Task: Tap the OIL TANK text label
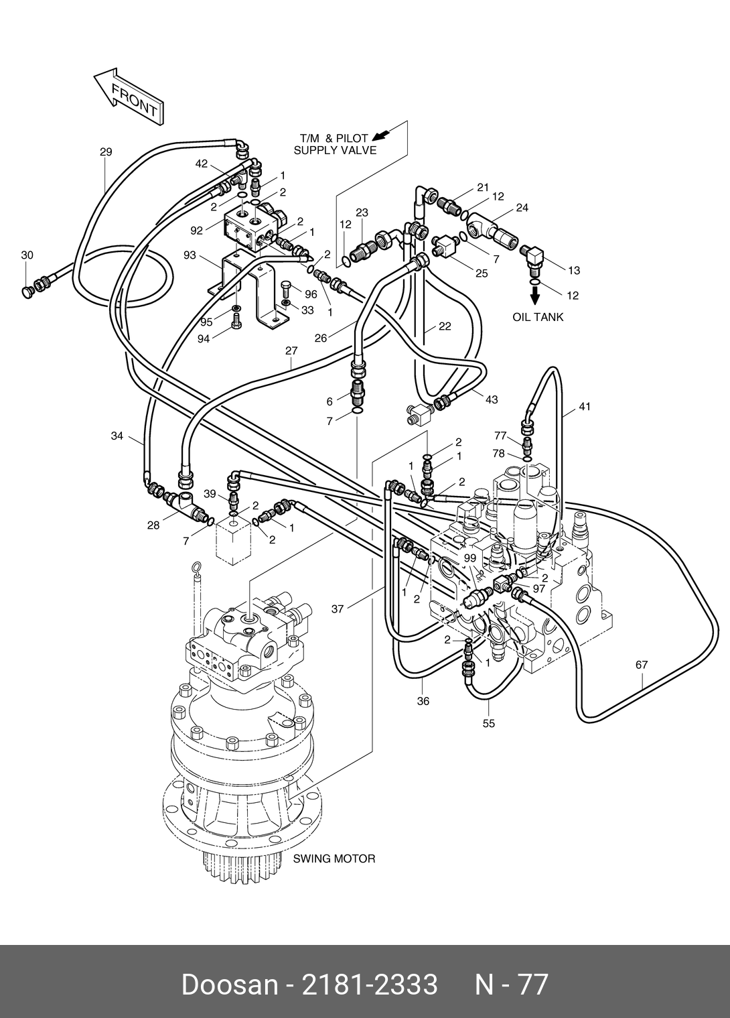tap(538, 317)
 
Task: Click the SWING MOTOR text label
tap(334, 859)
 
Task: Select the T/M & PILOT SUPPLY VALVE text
tap(335, 145)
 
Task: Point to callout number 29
tap(106, 151)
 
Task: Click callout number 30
tap(27, 255)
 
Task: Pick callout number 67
tap(642, 665)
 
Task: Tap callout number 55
tap(489, 723)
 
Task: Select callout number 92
tap(196, 231)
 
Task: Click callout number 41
tap(585, 406)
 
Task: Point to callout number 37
tap(337, 609)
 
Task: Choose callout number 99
tap(469, 558)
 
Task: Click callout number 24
tap(522, 208)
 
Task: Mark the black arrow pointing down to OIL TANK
tap(536, 296)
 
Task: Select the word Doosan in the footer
tap(230, 984)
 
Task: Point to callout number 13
tap(574, 270)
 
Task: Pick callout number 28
tap(153, 525)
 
